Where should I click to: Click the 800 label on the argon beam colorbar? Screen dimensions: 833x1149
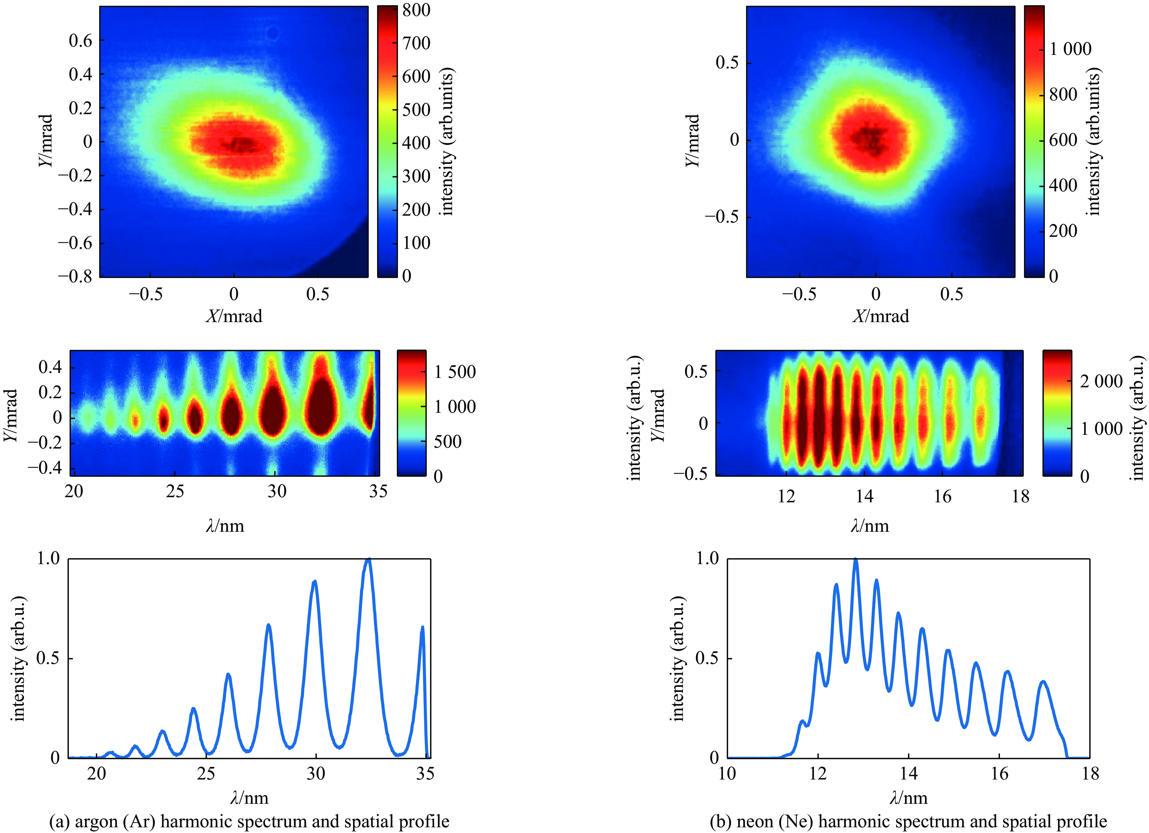[417, 10]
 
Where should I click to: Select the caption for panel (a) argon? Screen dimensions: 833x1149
[249, 821]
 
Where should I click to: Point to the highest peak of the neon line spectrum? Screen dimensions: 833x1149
[856, 560]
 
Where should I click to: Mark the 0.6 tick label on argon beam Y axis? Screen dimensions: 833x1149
[81, 41]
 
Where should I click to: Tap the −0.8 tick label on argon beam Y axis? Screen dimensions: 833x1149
[76, 277]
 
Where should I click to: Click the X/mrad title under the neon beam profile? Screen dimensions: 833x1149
[881, 316]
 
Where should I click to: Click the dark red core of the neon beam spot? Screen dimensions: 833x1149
[870, 138]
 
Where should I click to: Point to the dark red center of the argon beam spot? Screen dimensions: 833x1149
[242, 145]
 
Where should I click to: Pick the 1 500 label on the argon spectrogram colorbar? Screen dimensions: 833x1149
[455, 372]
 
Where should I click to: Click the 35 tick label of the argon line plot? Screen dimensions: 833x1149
[425, 774]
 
